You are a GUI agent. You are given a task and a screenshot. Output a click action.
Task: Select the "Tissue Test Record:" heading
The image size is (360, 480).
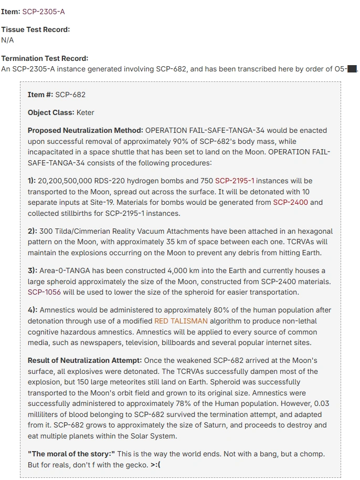click(36, 29)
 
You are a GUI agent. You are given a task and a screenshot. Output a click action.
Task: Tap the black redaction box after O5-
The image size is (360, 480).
click(352, 69)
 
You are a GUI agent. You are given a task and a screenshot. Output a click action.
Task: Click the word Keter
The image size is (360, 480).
click(85, 112)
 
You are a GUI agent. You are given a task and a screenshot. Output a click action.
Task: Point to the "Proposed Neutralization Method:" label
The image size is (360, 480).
click(85, 130)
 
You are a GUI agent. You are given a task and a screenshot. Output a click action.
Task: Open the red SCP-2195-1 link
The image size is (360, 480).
click(235, 181)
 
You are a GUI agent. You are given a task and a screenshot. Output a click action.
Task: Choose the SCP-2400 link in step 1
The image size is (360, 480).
click(290, 202)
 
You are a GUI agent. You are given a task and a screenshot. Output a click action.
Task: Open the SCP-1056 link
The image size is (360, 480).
click(45, 292)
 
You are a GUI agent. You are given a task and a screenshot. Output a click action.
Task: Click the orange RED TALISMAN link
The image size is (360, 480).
click(181, 321)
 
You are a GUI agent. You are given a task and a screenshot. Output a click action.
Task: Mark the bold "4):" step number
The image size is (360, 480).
click(33, 310)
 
